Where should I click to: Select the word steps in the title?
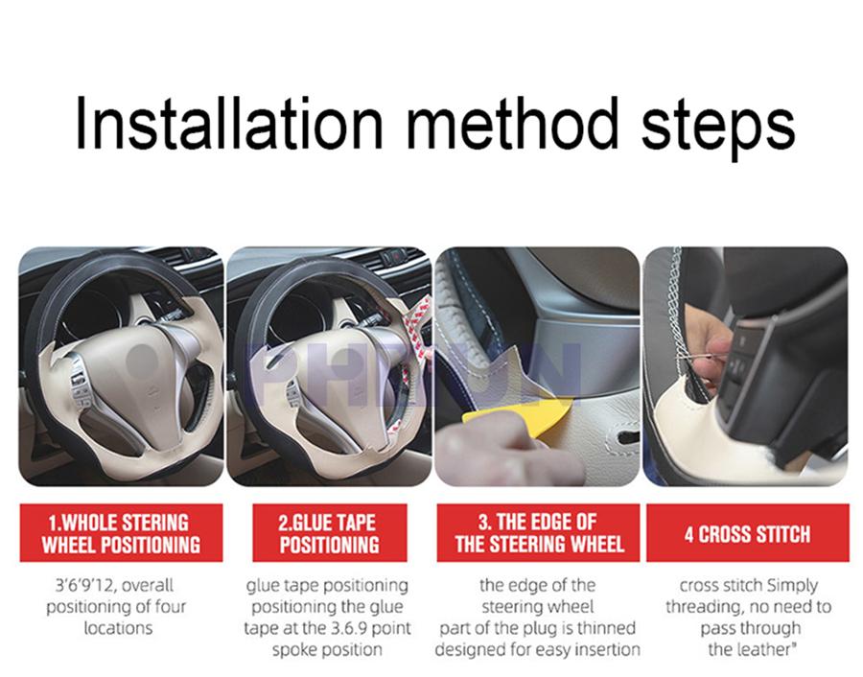[x=718, y=128]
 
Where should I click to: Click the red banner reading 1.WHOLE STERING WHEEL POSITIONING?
[x=121, y=533]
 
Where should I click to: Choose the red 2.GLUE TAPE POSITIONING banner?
[x=329, y=533]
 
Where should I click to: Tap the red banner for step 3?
[x=538, y=533]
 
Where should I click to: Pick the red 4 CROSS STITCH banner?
[x=747, y=533]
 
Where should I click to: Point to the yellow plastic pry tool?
[x=515, y=411]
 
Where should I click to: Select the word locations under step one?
[x=118, y=628]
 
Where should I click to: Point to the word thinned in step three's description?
[x=609, y=628]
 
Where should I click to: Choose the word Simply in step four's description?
[x=793, y=586]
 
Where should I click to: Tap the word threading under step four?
[x=700, y=607]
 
